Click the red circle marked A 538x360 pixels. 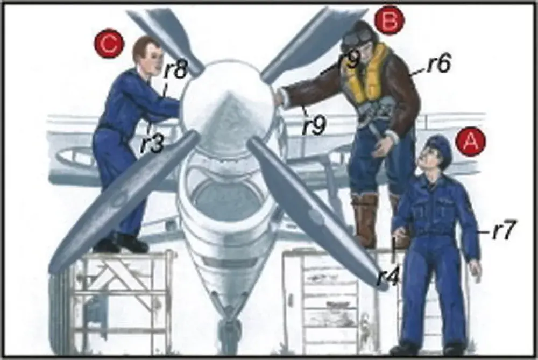click(x=471, y=142)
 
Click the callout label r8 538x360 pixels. click(x=175, y=70)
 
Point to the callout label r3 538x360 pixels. click(x=152, y=144)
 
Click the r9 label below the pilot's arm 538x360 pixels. click(x=314, y=125)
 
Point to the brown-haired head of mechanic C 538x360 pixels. click(x=147, y=55)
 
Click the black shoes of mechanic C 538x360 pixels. click(x=121, y=243)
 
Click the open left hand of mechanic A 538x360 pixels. click(x=475, y=270)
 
